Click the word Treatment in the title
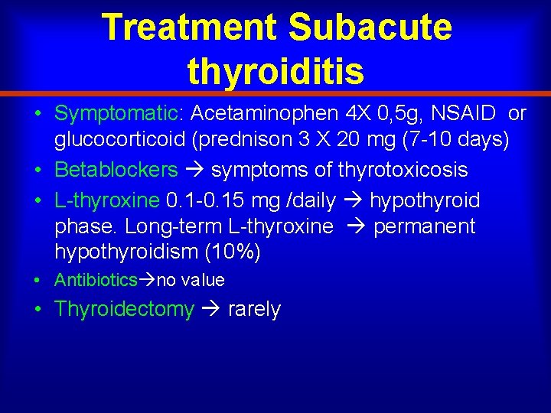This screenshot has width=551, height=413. click(189, 27)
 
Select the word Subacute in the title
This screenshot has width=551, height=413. click(370, 27)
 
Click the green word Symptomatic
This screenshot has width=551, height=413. click(116, 114)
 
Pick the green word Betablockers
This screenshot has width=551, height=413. click(116, 170)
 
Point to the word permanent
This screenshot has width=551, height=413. click(424, 227)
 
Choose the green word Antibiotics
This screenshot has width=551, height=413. click(96, 281)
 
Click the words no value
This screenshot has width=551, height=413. click(191, 281)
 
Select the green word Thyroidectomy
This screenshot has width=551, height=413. click(124, 310)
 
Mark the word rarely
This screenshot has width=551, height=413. click(254, 310)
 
